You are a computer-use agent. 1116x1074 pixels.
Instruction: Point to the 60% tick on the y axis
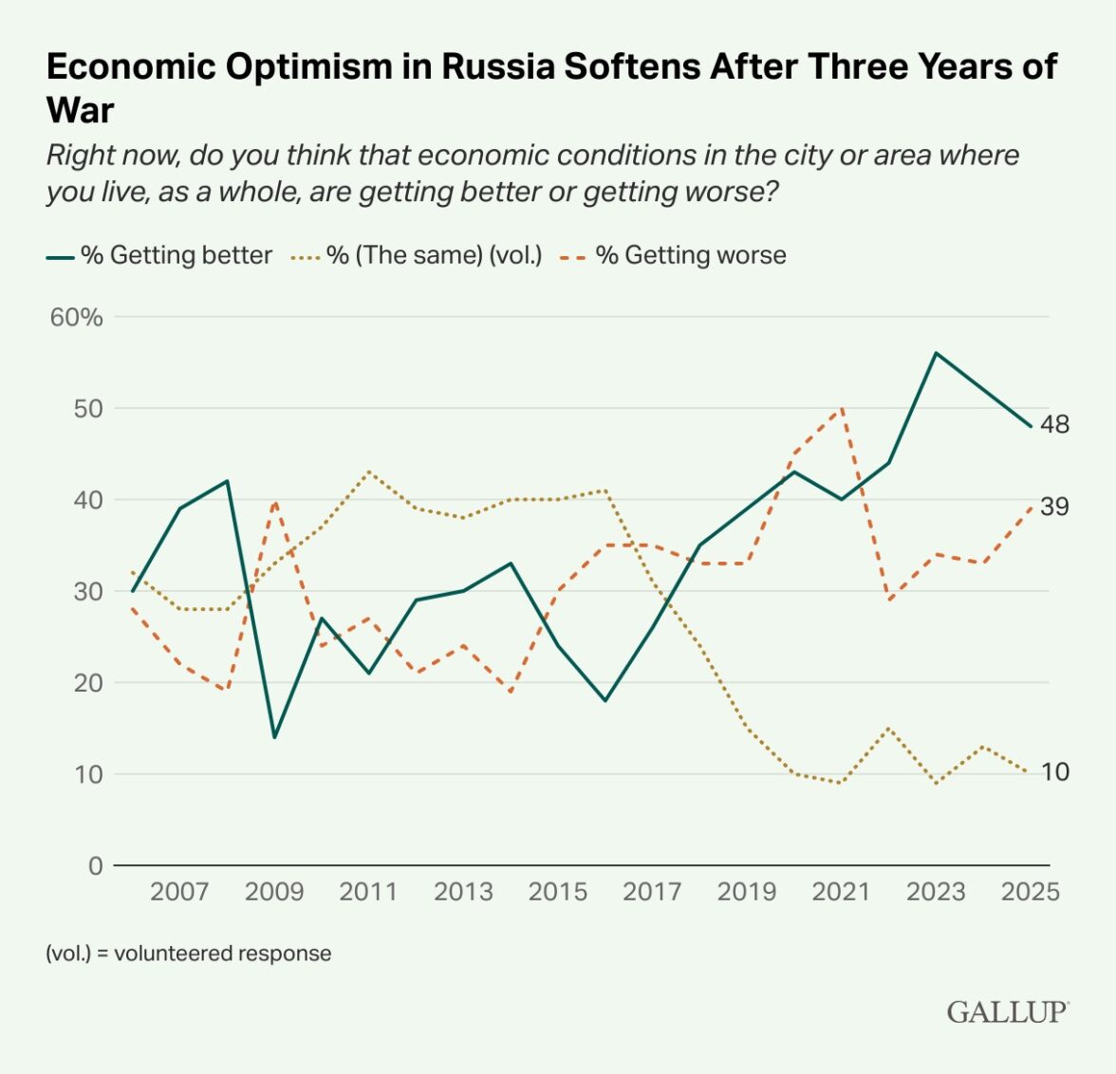[x=76, y=317]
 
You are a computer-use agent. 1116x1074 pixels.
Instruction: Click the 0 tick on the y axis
[x=95, y=865]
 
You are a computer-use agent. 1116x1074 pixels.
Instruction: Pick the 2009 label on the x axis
[x=274, y=892]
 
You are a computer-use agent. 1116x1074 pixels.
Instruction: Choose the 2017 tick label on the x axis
[x=652, y=892]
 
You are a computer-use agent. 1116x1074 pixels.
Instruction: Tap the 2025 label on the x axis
[x=1031, y=892]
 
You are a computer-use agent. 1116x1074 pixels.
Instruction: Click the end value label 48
[x=1054, y=425]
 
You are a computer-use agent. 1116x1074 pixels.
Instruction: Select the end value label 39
[x=1054, y=507]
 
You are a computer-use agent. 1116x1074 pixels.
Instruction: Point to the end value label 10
[x=1054, y=772]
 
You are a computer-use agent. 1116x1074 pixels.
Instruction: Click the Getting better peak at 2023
[x=936, y=353]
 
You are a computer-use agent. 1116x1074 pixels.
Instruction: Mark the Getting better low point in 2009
[x=274, y=737]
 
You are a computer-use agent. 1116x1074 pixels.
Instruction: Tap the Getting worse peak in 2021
[x=842, y=408]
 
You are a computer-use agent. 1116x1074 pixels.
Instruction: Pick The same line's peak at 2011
[x=368, y=472]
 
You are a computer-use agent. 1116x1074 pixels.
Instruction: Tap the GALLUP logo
[x=1007, y=1011]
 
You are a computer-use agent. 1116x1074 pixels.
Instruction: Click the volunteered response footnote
[x=188, y=954]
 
